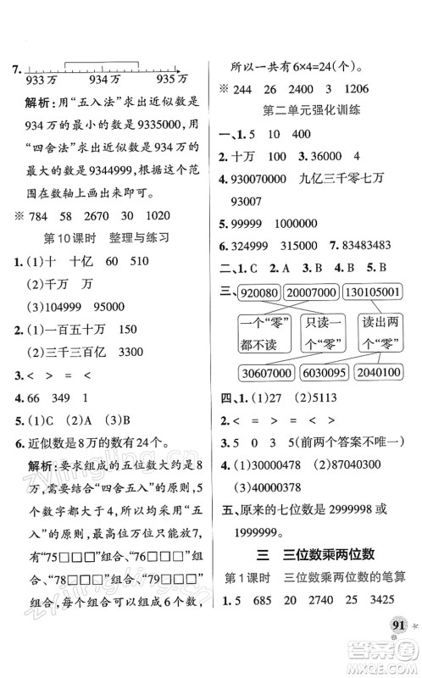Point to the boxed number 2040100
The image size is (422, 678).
pyautogui.click(x=380, y=373)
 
